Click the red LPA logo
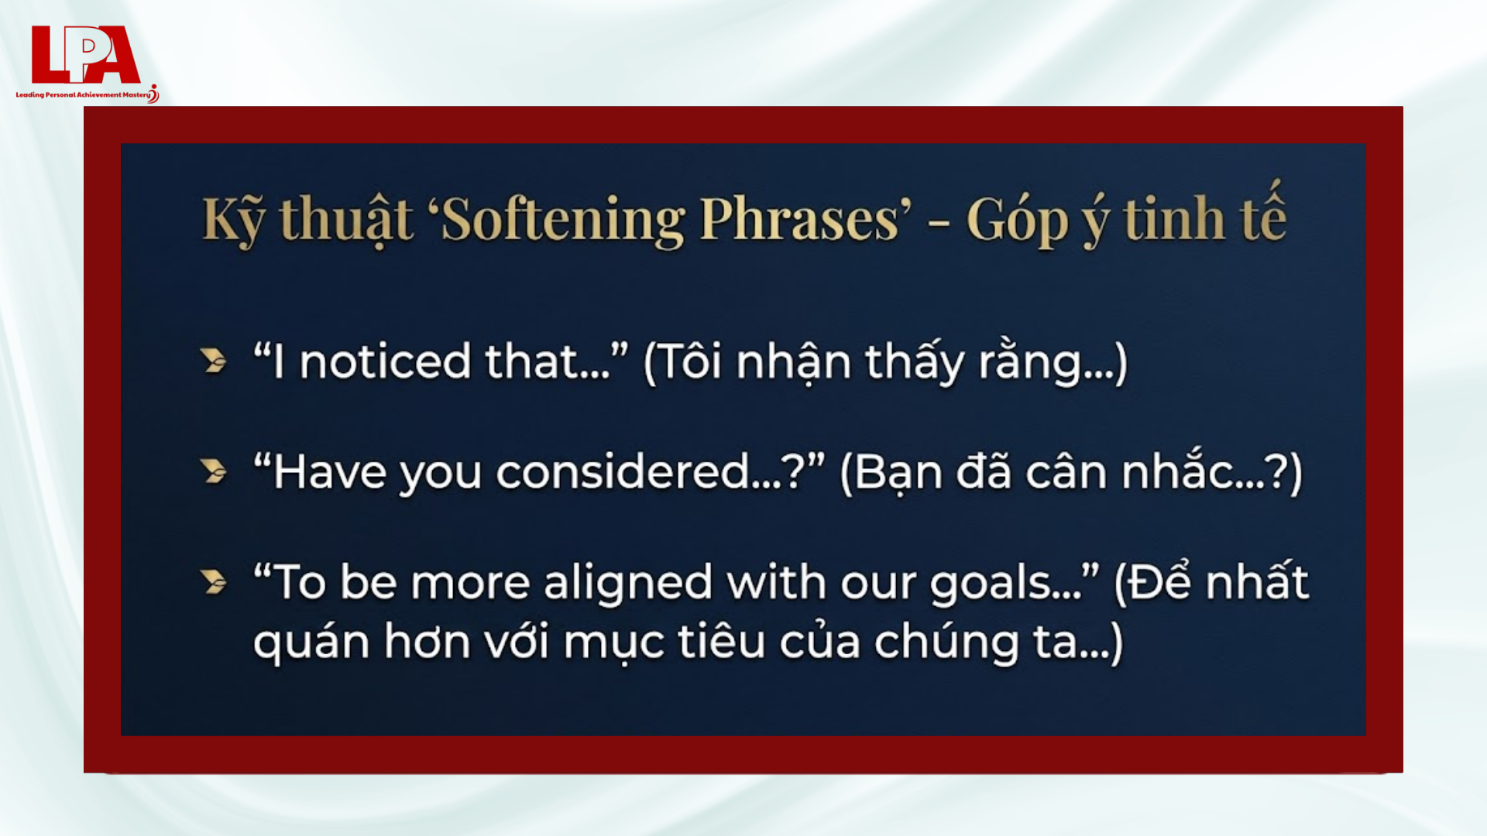point(85,54)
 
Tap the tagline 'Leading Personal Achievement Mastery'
point(83,94)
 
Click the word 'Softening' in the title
point(564,220)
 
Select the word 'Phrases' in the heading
point(800,220)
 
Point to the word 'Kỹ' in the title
point(233,220)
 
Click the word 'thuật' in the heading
point(345,220)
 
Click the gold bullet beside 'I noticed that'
point(213,361)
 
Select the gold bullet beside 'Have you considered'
point(213,471)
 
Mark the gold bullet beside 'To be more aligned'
point(213,581)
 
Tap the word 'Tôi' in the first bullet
point(691,361)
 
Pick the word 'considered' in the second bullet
point(623,472)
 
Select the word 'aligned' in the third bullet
point(627,583)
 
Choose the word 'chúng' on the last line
point(946,642)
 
